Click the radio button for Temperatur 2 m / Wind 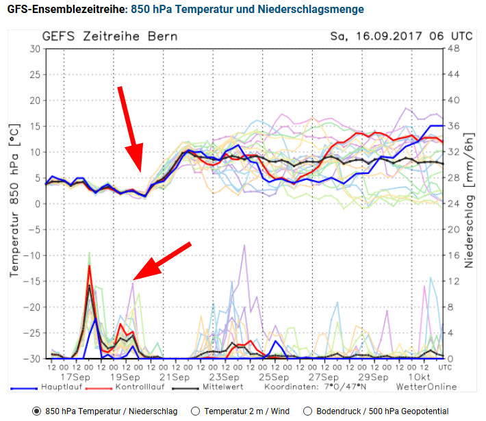[x=195, y=411]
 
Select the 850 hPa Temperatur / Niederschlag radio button [x=36, y=411]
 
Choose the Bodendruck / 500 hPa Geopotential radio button [x=307, y=411]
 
